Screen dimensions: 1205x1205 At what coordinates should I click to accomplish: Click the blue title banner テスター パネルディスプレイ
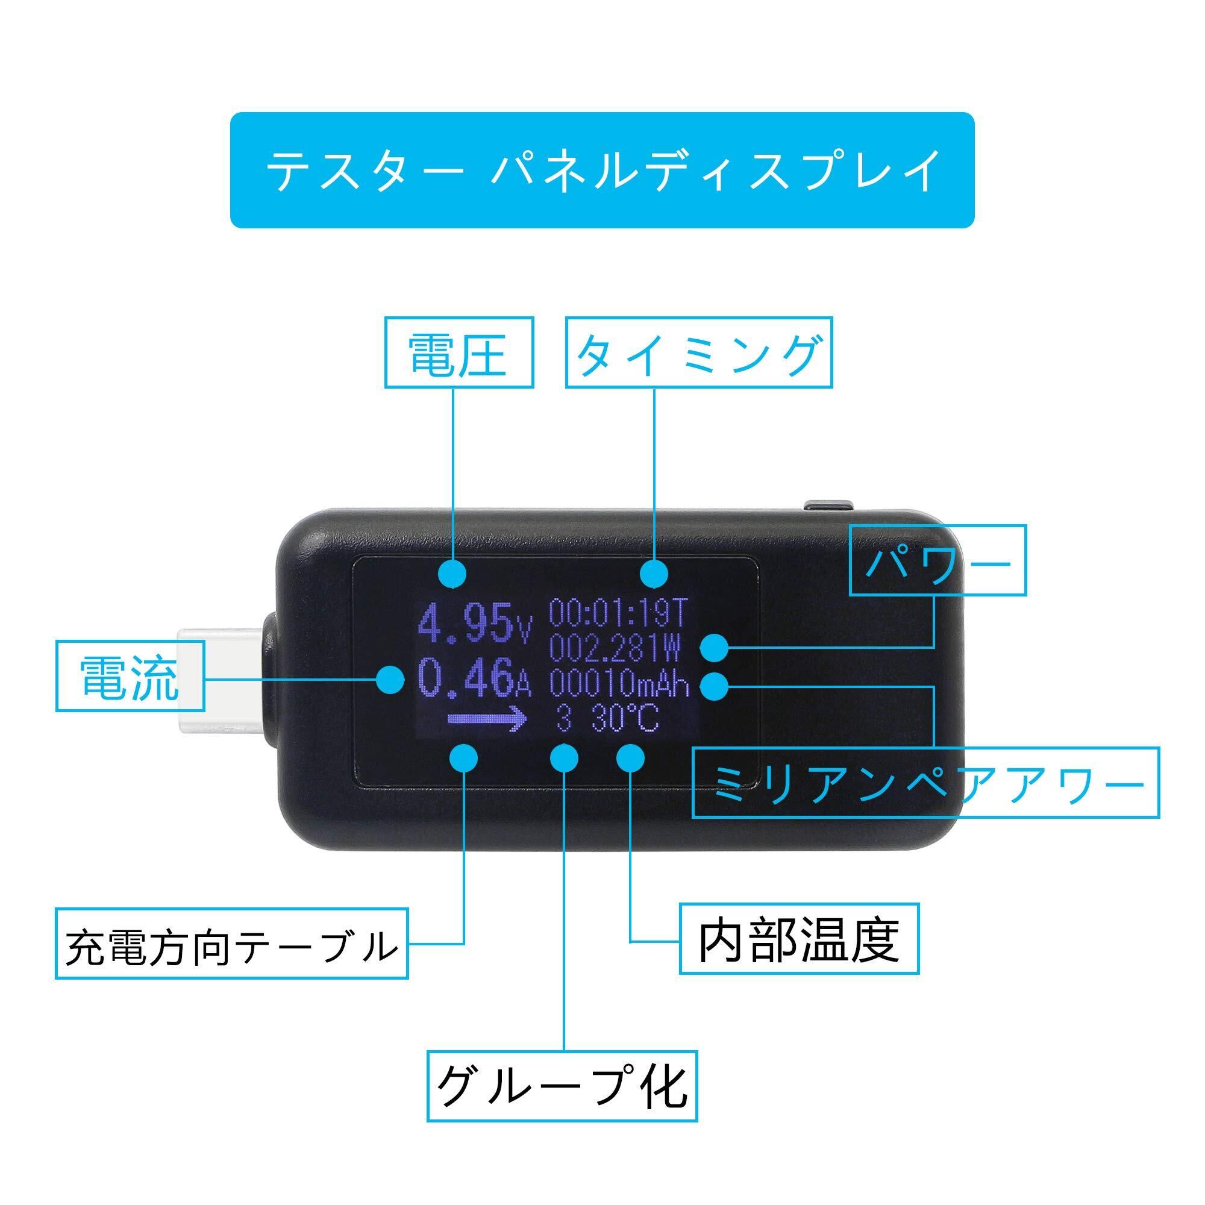coord(602,170)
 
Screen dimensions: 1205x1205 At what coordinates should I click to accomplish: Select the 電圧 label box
coord(459,352)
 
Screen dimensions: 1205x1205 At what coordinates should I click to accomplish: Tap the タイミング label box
coord(698,352)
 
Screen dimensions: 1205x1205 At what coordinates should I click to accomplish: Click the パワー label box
coord(937,560)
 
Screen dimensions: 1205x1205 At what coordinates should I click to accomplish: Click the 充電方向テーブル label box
coord(231,943)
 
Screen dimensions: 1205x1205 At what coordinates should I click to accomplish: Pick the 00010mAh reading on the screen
coord(619,684)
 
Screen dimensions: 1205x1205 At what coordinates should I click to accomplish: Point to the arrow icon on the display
coord(487,719)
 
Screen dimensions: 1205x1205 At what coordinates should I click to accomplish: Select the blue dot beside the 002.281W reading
coord(715,648)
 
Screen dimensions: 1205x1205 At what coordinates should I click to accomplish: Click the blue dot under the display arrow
coord(463,758)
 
